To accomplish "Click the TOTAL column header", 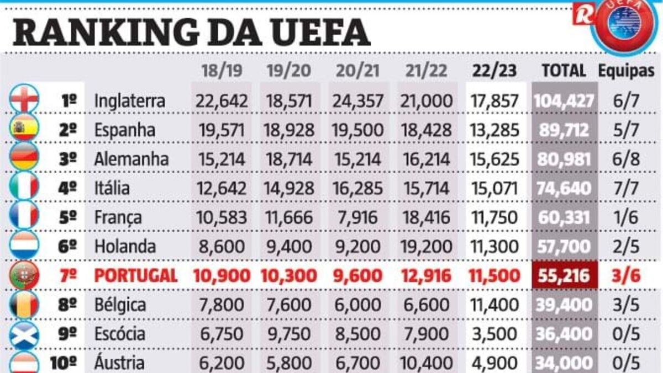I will [564, 70].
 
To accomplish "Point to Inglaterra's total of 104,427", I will [564, 101].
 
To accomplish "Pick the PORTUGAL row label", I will [136, 275].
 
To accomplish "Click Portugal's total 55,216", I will [564, 275].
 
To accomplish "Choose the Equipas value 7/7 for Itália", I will [627, 188].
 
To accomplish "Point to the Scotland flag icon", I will [24, 334].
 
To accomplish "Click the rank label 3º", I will [68, 159].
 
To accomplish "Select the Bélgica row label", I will [120, 305].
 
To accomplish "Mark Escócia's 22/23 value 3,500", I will [494, 334].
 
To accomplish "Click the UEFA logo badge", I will [624, 25].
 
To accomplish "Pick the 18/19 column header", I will [220, 70].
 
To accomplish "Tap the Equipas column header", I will [627, 70].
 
